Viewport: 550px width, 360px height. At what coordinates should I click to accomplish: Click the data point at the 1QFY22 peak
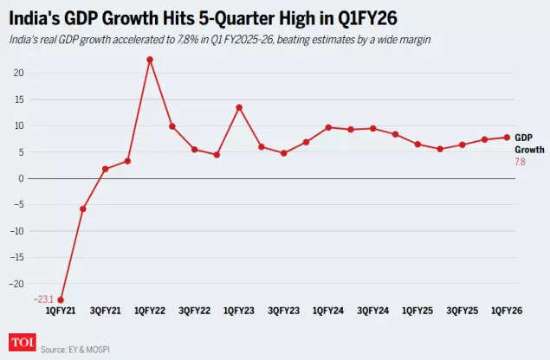pyautogui.click(x=150, y=60)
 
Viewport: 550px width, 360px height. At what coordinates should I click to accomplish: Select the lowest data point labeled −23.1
pyautogui.click(x=61, y=300)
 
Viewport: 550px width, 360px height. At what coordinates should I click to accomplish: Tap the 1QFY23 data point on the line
pyautogui.click(x=239, y=107)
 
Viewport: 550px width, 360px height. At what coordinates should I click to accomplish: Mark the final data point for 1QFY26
pyautogui.click(x=507, y=137)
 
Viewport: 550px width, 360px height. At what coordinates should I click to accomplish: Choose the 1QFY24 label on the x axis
pyautogui.click(x=328, y=310)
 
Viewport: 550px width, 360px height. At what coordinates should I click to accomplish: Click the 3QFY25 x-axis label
pyautogui.click(x=462, y=310)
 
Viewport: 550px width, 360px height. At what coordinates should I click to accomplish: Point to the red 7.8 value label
pyautogui.click(x=521, y=161)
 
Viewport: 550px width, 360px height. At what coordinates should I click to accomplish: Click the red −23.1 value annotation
pyautogui.click(x=43, y=299)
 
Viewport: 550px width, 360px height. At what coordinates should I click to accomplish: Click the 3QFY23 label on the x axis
pyautogui.click(x=283, y=310)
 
